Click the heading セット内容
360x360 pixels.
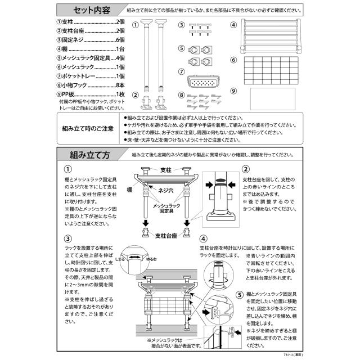point(91,10)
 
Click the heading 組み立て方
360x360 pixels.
point(90,155)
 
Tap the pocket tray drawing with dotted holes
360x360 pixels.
point(204,81)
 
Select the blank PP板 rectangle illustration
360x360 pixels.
point(272,99)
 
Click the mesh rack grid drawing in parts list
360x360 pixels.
point(271,70)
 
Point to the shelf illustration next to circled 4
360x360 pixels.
point(271,36)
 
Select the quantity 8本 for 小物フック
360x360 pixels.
point(120,85)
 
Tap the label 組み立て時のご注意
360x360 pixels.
point(88,128)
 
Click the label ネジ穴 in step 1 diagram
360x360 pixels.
point(165,190)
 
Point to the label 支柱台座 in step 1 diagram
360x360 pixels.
point(166,236)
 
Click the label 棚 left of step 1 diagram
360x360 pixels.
point(129,190)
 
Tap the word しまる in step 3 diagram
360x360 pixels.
point(120,259)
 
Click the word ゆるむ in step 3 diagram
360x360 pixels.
point(151,259)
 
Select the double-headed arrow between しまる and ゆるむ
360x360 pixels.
point(134,258)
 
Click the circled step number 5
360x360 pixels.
point(240,294)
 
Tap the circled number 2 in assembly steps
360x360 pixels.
point(246,169)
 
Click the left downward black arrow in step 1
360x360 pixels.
point(146,223)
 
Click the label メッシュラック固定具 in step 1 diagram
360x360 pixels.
point(166,208)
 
